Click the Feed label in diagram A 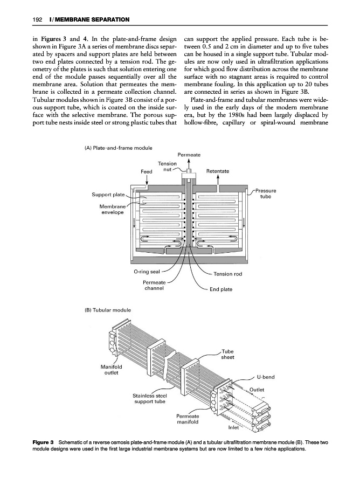point(147,171)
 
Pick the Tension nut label point(168,167)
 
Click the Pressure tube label point(266,193)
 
